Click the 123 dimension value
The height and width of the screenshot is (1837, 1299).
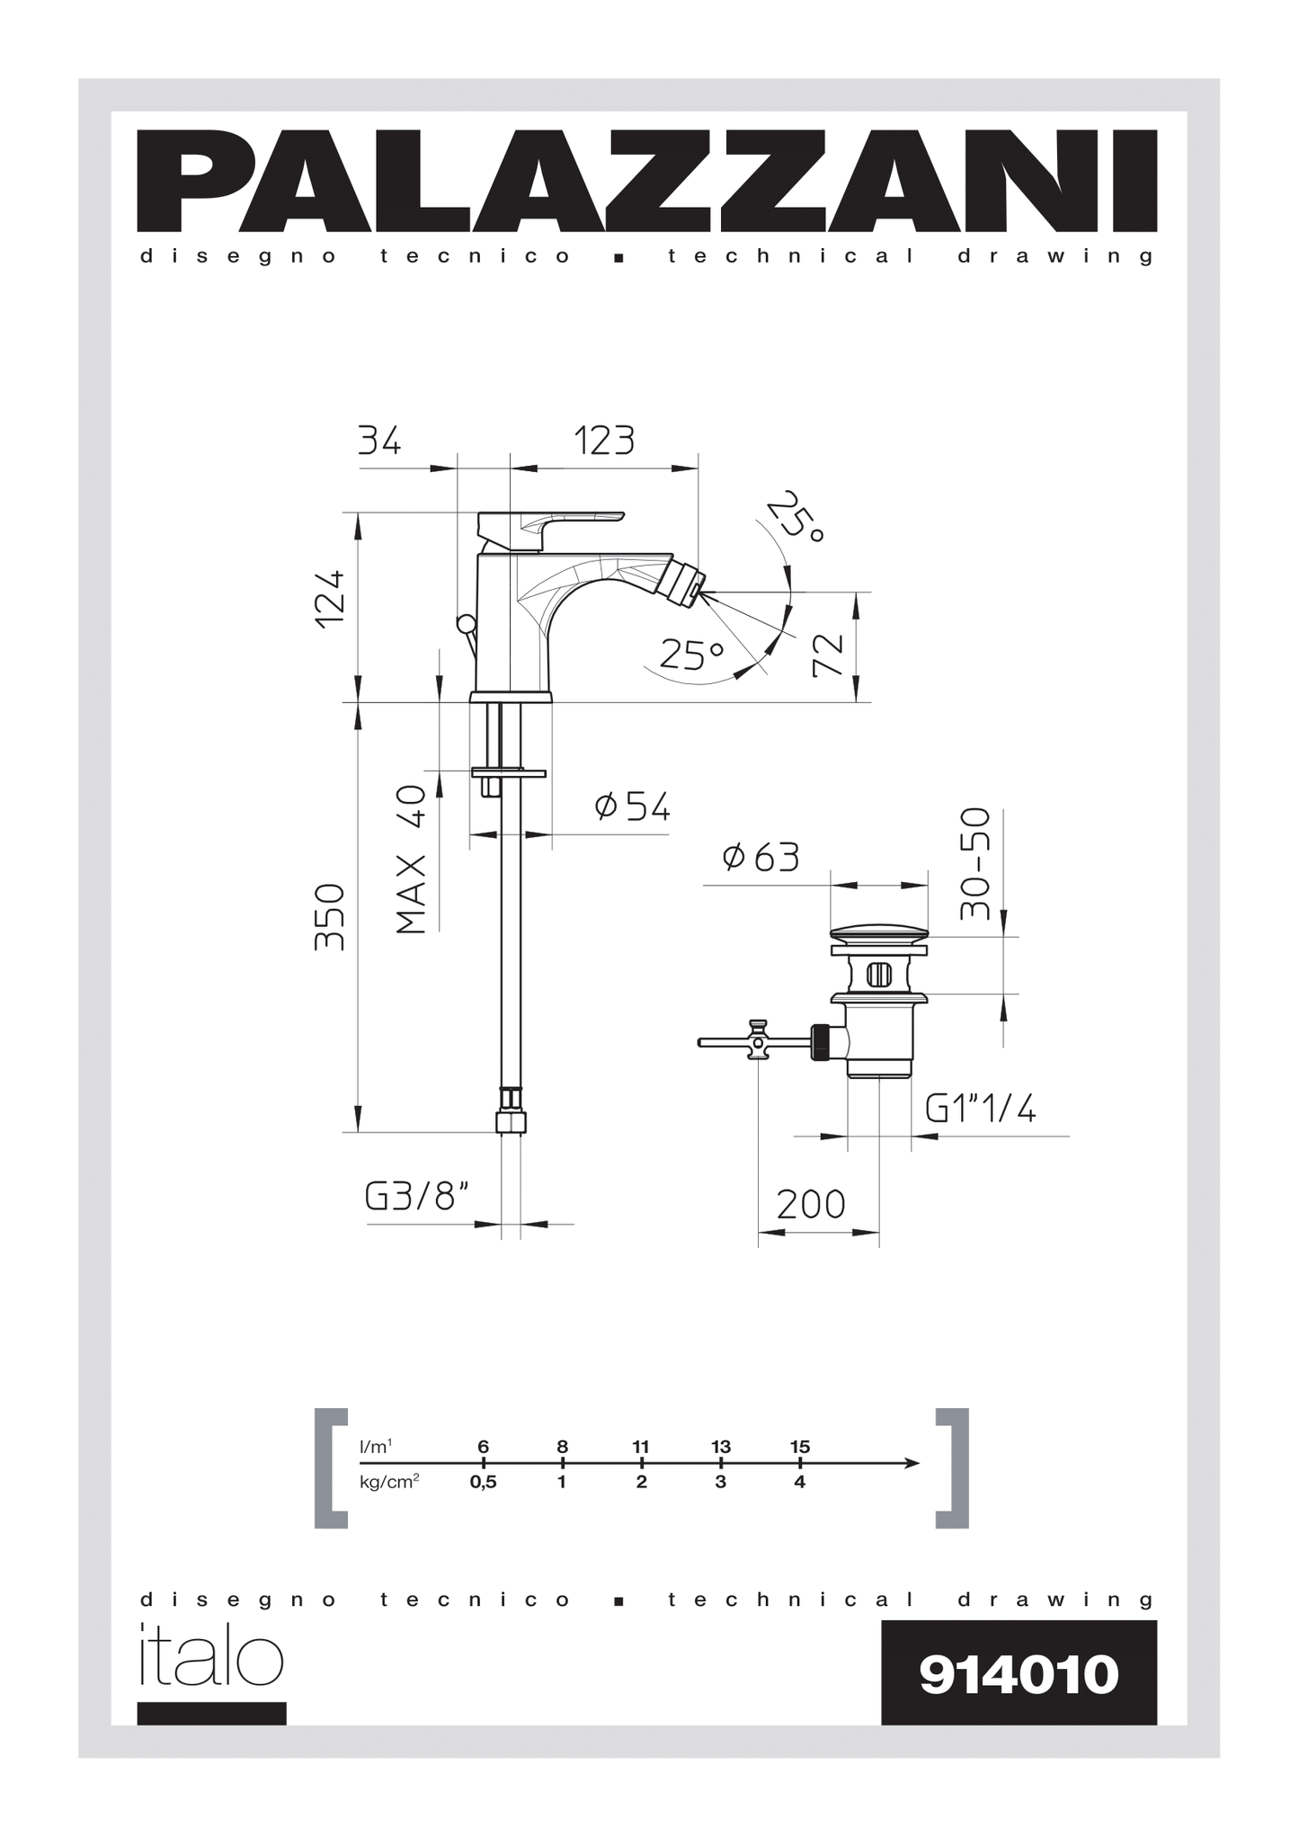click(604, 441)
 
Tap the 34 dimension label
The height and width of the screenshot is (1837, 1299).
click(379, 441)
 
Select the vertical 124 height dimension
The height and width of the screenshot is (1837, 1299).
click(330, 599)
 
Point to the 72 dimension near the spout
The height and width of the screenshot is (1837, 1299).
click(827, 655)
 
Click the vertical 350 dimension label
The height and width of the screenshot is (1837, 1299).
click(330, 916)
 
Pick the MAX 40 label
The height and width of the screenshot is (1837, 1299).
click(411, 860)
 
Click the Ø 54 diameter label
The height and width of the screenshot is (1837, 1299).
click(632, 807)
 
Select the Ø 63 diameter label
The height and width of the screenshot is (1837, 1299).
click(761, 857)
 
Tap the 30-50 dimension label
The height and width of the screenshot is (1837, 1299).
click(974, 863)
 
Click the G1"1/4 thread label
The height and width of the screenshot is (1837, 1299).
click(981, 1109)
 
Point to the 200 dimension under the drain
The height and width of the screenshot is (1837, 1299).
click(810, 1204)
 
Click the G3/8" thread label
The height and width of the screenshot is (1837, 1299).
click(417, 1196)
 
